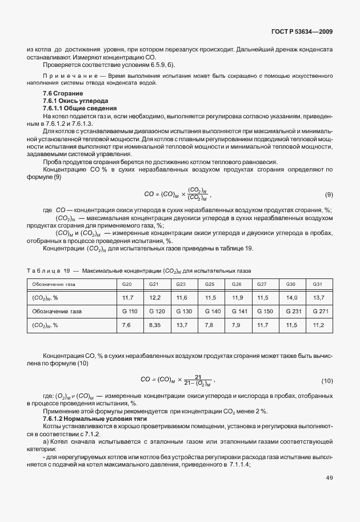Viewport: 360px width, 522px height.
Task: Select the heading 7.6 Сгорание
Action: (x=63, y=93)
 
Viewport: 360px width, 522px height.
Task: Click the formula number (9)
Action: (x=329, y=194)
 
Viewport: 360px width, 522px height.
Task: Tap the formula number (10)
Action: (x=327, y=380)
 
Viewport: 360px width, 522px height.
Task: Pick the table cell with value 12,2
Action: (x=155, y=298)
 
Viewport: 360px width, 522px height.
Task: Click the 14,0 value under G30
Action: (x=291, y=298)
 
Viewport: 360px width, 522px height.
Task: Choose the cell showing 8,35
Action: (x=155, y=325)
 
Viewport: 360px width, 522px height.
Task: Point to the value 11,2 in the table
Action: (x=318, y=325)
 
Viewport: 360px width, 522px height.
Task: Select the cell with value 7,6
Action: (x=127, y=325)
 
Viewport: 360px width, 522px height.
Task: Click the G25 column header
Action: (x=209, y=284)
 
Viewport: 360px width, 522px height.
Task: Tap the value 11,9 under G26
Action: (x=237, y=298)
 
